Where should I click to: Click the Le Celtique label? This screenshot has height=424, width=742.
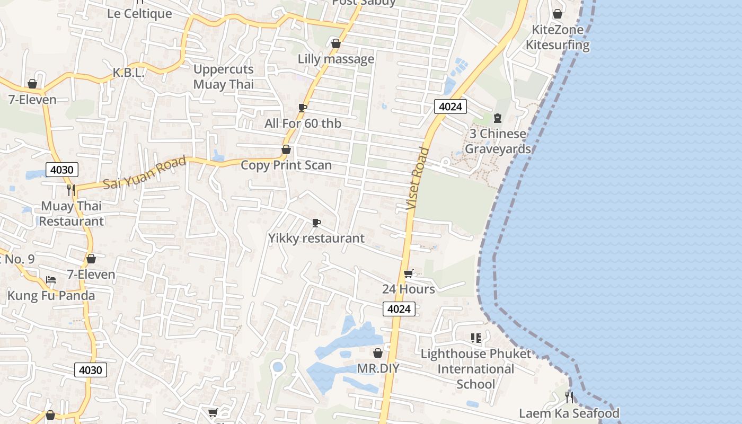click(139, 14)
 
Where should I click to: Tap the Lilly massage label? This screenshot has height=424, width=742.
click(336, 59)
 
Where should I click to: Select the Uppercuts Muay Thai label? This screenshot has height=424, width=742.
click(223, 77)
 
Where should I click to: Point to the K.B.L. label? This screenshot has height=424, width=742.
click(129, 73)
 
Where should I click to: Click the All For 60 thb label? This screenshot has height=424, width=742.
click(303, 123)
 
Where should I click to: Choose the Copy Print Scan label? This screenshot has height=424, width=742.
click(286, 165)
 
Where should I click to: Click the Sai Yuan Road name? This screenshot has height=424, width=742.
click(144, 173)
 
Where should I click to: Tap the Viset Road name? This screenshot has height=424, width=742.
click(418, 178)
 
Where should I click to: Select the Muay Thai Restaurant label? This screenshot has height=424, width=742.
click(72, 214)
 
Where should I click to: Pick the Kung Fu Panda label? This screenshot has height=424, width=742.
click(51, 295)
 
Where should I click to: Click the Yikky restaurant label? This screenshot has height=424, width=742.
click(316, 238)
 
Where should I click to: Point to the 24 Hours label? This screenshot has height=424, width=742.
click(409, 289)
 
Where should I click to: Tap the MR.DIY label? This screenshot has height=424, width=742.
click(378, 368)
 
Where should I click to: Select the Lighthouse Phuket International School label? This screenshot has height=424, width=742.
click(475, 369)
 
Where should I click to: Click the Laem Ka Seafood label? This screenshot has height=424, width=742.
click(569, 413)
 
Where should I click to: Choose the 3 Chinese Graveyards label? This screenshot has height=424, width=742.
click(498, 141)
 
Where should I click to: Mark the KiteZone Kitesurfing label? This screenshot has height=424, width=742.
click(558, 37)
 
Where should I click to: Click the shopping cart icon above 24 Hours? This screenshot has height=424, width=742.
click(408, 274)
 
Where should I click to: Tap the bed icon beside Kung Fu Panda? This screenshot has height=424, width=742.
click(51, 279)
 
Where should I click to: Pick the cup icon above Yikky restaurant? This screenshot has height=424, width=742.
click(316, 223)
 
